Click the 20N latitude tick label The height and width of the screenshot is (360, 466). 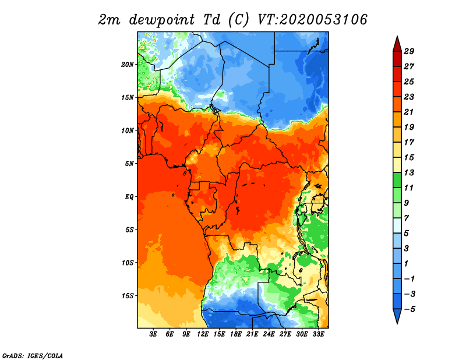(x=128, y=64)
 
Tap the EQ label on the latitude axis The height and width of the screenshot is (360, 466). (x=129, y=196)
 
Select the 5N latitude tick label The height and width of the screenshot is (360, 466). (x=129, y=164)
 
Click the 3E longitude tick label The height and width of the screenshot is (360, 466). (x=153, y=334)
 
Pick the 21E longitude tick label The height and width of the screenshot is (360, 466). (x=252, y=334)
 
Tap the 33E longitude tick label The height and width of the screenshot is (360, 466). (x=318, y=334)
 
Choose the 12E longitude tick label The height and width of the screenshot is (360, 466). (x=203, y=334)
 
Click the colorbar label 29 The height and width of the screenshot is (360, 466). (x=409, y=51)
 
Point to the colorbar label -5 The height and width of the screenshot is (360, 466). (x=409, y=309)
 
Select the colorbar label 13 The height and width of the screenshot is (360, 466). (x=409, y=172)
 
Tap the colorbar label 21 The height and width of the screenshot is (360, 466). (x=409, y=112)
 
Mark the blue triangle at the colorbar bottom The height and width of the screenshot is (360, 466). (x=397, y=315)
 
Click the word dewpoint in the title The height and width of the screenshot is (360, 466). (x=162, y=20)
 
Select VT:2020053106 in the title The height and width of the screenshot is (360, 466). (x=312, y=20)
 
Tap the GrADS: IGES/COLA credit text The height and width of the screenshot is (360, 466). (x=33, y=355)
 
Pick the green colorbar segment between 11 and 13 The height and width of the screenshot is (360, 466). (x=397, y=180)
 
